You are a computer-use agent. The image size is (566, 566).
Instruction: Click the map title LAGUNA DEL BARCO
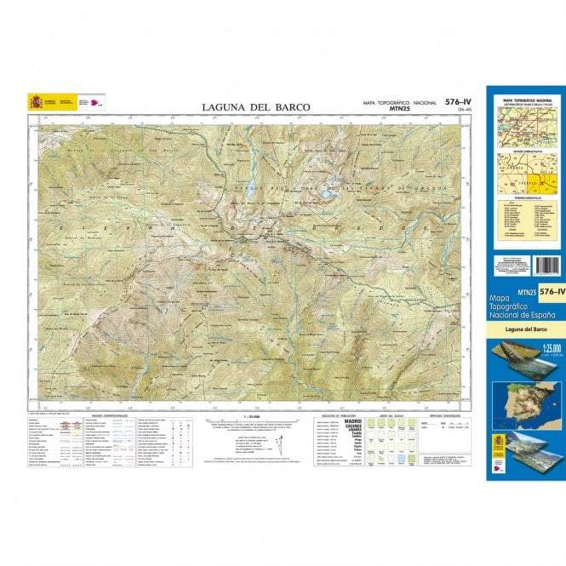click(x=256, y=107)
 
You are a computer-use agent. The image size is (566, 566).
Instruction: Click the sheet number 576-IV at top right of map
click(x=457, y=102)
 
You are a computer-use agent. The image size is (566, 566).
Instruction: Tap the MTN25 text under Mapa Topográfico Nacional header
click(x=401, y=109)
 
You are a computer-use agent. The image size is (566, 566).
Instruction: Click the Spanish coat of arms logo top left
click(x=36, y=101)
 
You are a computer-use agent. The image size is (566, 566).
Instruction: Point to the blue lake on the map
click(x=327, y=194)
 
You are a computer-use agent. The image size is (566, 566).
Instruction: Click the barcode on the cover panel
click(x=548, y=265)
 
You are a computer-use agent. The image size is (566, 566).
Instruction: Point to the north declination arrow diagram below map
click(x=279, y=442)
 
